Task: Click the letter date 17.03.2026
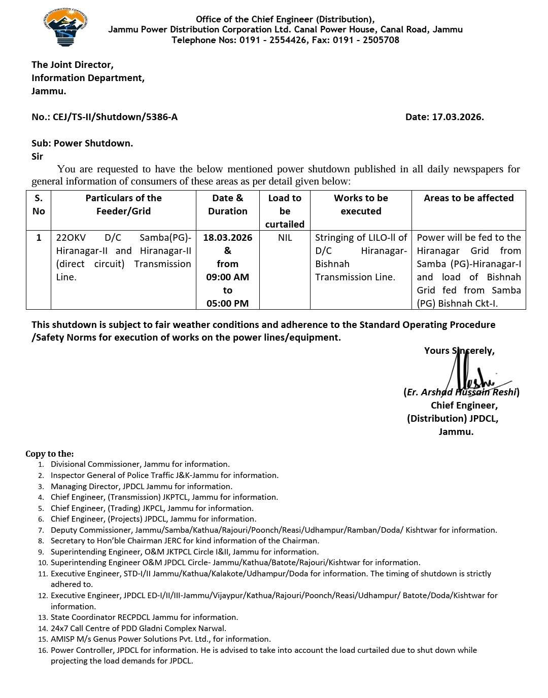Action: click(x=457, y=117)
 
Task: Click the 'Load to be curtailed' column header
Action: click(x=285, y=211)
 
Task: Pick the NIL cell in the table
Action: click(x=285, y=238)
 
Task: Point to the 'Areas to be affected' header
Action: click(x=468, y=198)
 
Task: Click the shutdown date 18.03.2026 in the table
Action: click(x=227, y=238)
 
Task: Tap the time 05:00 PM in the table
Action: click(x=227, y=304)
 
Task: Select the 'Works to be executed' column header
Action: click(x=361, y=205)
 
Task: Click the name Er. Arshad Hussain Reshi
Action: click(x=461, y=392)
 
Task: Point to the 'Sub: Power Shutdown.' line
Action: click(x=82, y=143)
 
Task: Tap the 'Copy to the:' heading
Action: click(x=50, y=454)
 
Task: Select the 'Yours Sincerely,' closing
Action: click(x=459, y=351)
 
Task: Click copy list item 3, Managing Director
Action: click(x=142, y=486)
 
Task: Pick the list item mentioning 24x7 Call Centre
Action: click(x=139, y=628)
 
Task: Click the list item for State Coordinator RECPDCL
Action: click(x=144, y=617)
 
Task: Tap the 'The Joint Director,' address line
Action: click(x=73, y=65)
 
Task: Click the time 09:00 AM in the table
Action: click(x=227, y=277)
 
